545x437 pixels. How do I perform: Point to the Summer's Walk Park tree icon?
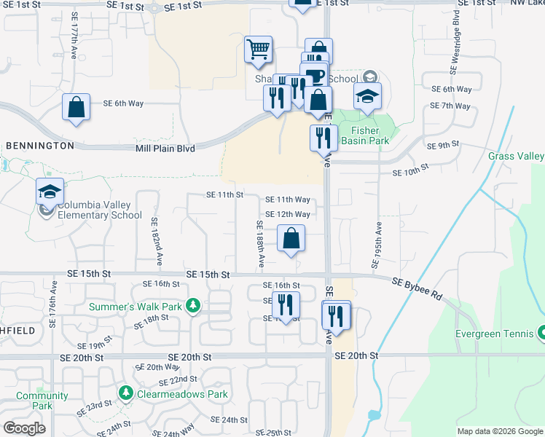click(193, 306)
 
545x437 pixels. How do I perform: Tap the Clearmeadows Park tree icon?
click(126, 394)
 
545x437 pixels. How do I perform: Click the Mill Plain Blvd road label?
click(165, 148)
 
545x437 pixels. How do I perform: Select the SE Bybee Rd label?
click(417, 285)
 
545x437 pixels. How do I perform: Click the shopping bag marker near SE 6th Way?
click(77, 108)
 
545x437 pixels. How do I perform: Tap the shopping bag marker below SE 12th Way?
click(291, 239)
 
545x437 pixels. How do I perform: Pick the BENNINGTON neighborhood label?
click(39, 146)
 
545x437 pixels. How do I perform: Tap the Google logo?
click(24, 428)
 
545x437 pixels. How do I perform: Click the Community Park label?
click(42, 401)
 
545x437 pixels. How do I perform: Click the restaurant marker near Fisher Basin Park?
click(322, 138)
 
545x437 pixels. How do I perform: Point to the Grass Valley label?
click(516, 156)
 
